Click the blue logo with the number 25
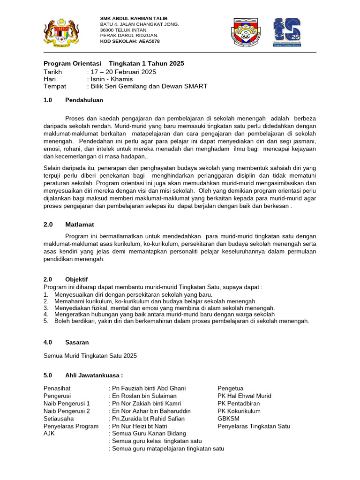click(x=287, y=32)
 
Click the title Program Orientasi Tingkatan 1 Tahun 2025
click(x=114, y=63)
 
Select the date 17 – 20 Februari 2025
click(x=123, y=72)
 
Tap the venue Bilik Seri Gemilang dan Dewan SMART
click(x=149, y=86)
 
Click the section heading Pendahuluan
click(x=84, y=100)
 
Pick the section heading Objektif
click(x=76, y=279)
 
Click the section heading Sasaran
click(x=77, y=343)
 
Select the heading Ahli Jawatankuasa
click(x=94, y=375)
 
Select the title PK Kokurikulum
click(x=239, y=411)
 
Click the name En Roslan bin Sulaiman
click(x=144, y=396)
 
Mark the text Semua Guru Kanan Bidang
click(x=149, y=434)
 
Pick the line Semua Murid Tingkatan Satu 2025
click(x=90, y=356)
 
